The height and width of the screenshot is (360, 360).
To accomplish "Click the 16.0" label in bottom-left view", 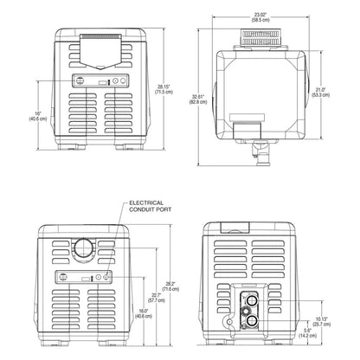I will coord(137,312).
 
